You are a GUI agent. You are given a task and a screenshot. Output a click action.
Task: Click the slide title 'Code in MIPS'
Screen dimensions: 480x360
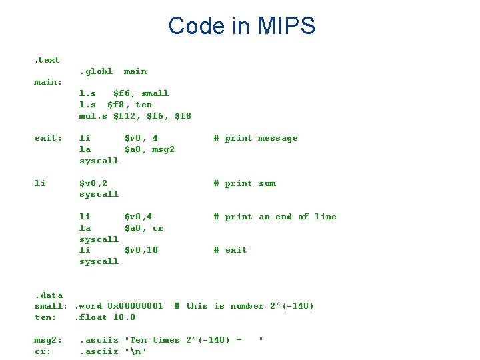point(241,26)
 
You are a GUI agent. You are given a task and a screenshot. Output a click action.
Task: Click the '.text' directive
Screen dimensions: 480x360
point(47,60)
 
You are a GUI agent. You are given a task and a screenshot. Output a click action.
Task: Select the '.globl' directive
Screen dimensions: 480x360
point(96,71)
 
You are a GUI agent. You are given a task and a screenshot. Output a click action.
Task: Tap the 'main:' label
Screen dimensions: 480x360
point(48,82)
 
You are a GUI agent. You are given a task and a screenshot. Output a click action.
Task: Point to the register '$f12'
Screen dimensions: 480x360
point(127,116)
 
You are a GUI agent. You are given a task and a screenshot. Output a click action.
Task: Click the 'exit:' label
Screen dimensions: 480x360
point(48,138)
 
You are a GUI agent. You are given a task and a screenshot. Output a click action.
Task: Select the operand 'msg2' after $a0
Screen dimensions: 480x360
point(163,149)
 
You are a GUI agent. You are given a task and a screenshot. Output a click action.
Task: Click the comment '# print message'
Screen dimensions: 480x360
point(255,138)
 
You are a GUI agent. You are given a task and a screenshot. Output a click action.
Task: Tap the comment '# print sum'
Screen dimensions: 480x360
point(244,183)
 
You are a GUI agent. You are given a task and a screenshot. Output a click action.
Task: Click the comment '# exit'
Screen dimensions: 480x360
point(230,250)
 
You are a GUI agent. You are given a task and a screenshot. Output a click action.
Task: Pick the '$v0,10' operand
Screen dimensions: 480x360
point(141,250)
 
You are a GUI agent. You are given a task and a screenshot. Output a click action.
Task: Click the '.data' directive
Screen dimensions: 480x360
point(48,295)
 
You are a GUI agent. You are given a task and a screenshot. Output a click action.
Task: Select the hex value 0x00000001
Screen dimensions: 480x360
point(135,306)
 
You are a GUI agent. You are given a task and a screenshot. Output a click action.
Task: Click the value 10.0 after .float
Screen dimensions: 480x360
point(124,317)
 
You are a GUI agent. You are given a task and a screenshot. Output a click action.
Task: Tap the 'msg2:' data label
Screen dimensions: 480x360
point(48,340)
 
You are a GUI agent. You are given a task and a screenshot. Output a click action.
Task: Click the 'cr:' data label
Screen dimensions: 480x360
point(43,351)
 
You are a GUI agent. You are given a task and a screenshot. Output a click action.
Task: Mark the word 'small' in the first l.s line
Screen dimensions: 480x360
point(155,93)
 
